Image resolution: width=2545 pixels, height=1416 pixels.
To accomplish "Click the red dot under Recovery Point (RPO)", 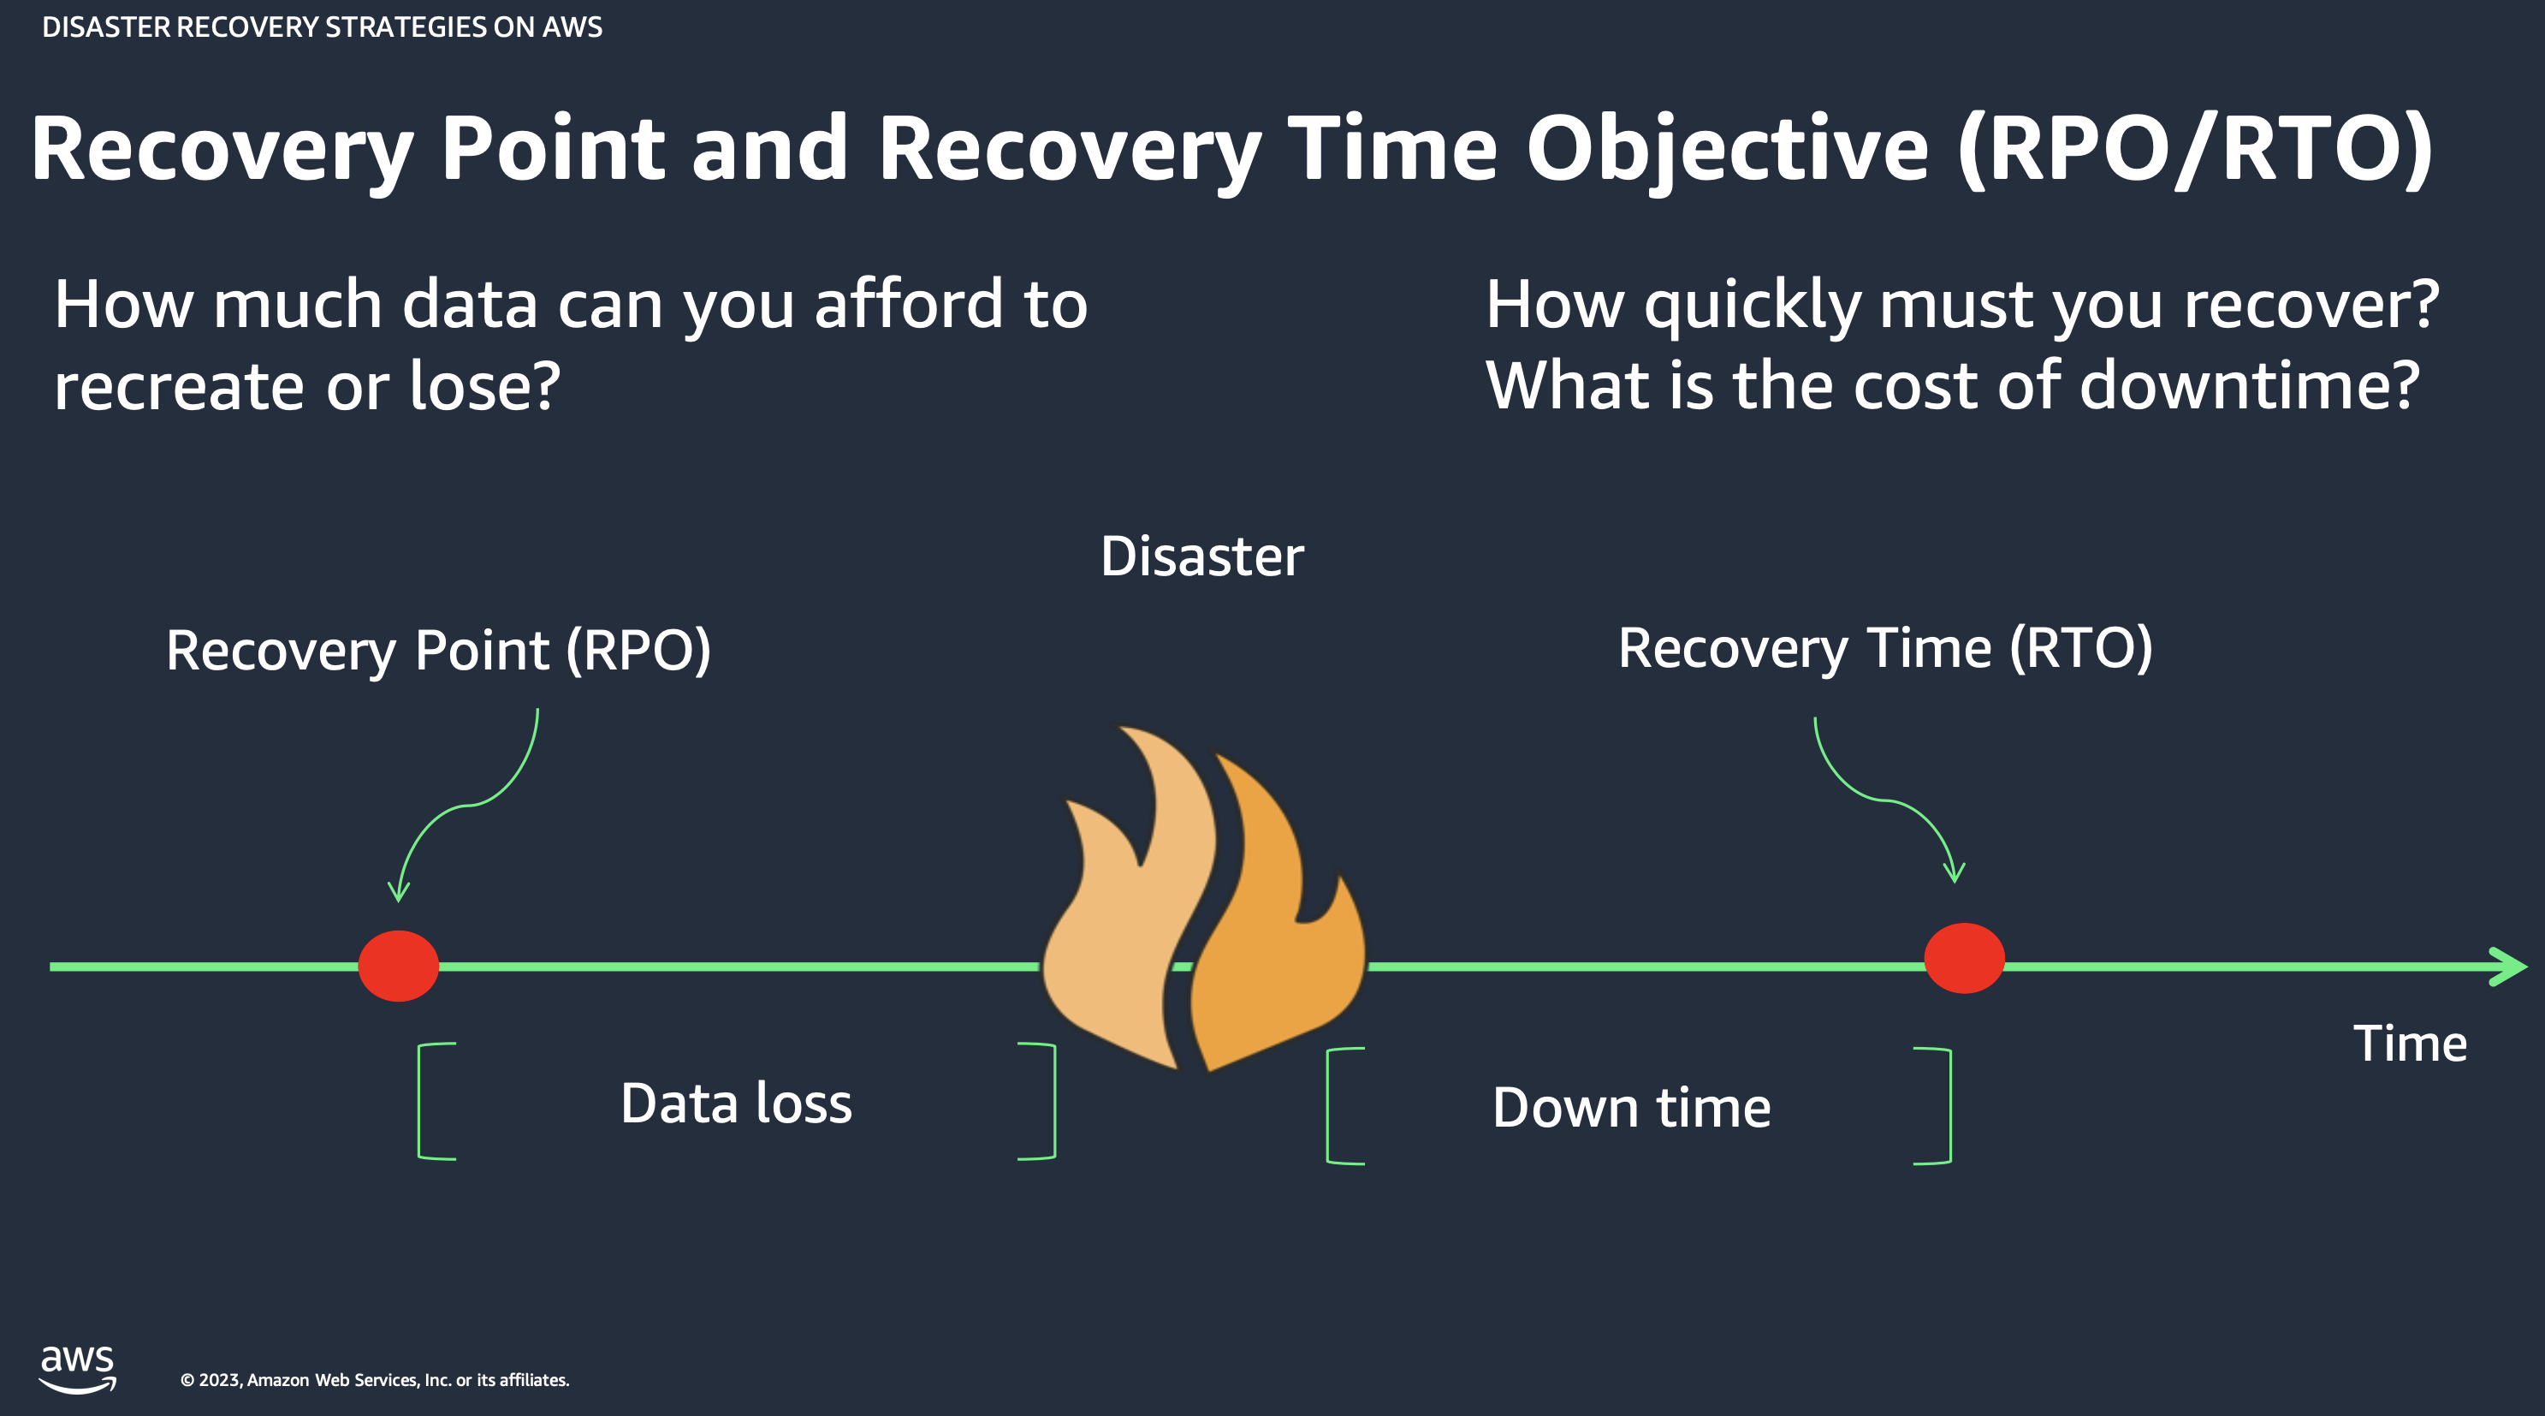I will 398,966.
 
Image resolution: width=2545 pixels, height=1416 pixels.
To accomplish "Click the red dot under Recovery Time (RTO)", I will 1963,957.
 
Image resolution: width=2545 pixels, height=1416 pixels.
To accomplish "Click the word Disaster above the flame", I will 1201,556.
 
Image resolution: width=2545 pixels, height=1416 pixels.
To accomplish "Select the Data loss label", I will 736,1103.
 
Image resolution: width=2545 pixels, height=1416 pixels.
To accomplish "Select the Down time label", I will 1631,1107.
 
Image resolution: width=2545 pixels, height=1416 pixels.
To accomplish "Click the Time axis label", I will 2410,1044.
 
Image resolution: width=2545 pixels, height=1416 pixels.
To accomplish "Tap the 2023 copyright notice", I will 375,1379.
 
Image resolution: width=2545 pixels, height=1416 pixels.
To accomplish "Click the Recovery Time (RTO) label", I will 1884,649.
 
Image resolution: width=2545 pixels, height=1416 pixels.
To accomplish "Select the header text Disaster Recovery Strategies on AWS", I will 322,27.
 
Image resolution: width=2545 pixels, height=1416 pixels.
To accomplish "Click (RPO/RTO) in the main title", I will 2194,148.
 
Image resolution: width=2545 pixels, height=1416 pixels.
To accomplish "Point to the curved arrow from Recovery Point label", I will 465,805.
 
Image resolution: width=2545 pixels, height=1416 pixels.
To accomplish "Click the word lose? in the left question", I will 484,385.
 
